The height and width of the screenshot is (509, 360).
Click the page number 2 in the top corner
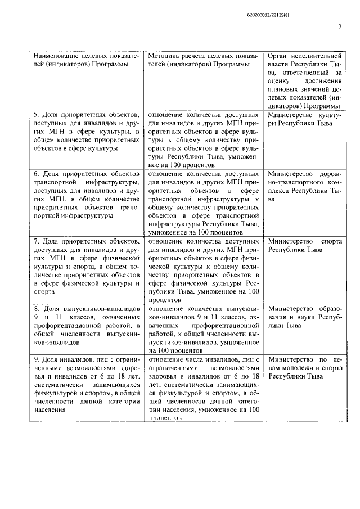point(340,27)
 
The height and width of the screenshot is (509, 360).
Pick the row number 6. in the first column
point(37,174)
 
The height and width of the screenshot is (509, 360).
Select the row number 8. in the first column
point(37,309)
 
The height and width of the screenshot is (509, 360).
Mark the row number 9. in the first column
point(37,359)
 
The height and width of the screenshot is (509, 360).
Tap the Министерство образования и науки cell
point(304,317)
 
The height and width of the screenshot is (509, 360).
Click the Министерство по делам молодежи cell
point(304,367)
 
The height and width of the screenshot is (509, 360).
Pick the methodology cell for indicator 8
point(204,330)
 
